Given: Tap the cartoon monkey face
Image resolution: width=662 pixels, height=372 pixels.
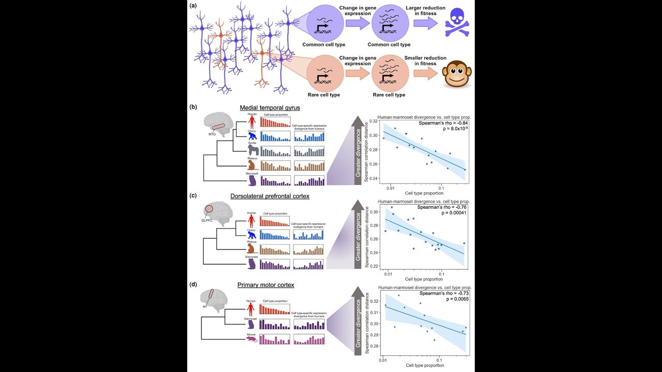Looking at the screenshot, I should [x=457, y=74].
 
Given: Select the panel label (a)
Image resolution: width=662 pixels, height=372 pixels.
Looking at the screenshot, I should [x=193, y=6].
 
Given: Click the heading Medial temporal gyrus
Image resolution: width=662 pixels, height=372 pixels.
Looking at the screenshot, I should [x=270, y=107].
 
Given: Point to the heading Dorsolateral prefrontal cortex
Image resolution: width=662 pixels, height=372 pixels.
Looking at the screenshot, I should [x=269, y=196].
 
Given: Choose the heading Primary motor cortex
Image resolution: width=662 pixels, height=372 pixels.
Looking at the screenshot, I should [x=266, y=285].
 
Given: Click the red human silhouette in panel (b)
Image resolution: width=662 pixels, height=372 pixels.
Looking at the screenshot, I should [x=252, y=122].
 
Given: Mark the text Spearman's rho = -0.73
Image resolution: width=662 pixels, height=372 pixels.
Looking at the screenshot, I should [x=444, y=293].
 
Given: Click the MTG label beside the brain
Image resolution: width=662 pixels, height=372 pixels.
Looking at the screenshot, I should [x=213, y=134].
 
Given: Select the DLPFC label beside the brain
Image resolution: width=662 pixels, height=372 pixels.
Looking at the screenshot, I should [x=207, y=220].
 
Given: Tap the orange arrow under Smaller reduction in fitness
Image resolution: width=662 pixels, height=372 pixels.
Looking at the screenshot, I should [x=424, y=73].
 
